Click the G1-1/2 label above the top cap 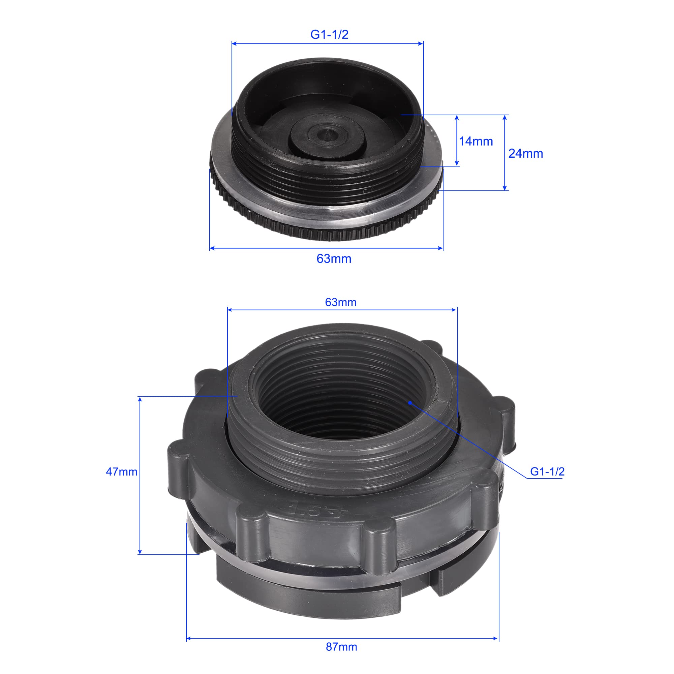(x=329, y=34)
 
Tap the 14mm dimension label (x=476, y=141)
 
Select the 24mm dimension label (x=525, y=153)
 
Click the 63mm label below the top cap (x=334, y=258)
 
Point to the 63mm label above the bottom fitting (x=341, y=302)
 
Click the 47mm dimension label (x=121, y=472)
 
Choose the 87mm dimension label (x=341, y=647)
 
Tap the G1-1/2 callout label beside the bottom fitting (x=547, y=472)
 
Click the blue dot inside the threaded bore (x=410, y=403)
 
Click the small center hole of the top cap (x=327, y=133)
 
